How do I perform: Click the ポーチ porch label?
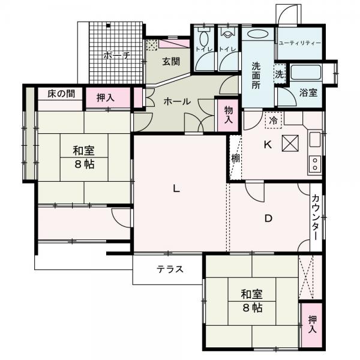coord(116,55)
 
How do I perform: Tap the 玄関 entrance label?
coord(171,62)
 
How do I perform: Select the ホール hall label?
coord(177,101)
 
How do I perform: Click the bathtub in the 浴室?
coord(305,73)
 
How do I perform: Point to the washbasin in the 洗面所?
coord(258,34)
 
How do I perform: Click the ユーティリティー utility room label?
coord(299,43)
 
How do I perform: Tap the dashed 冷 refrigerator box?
coord(274,121)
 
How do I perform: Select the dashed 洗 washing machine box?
coord(280,74)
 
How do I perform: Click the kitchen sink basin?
coord(315,139)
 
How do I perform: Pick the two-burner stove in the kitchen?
coord(315,164)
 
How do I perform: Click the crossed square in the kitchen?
coord(290,143)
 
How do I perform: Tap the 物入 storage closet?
coord(228,115)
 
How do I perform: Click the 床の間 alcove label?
coord(61,94)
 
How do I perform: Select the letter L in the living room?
coord(176,189)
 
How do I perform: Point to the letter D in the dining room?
coord(268,218)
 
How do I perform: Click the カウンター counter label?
coord(316,217)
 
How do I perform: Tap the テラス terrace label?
coord(170,269)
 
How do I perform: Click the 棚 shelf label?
coord(235,158)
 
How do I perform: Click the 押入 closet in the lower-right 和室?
coord(312,325)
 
